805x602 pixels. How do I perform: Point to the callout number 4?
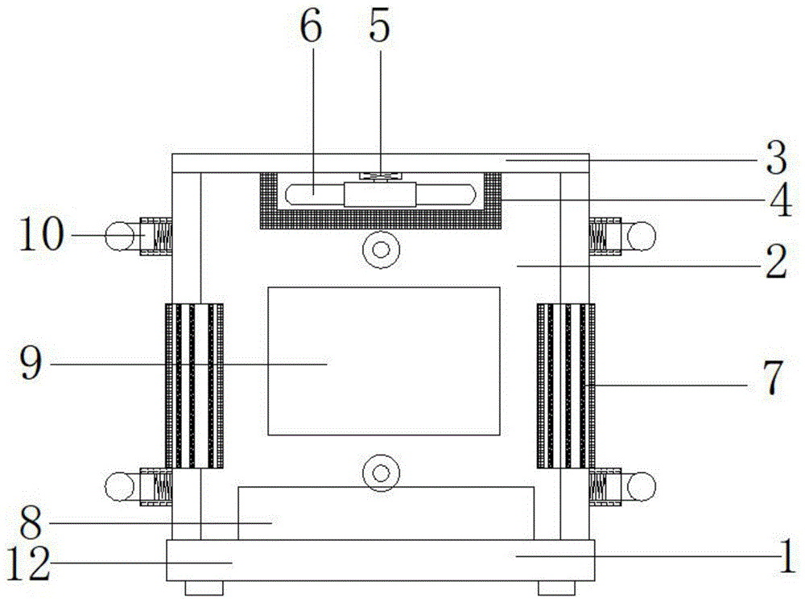(780, 200)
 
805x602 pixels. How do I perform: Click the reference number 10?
(42, 233)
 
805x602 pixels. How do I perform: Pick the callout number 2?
(776, 262)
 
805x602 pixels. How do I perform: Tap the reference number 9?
(31, 362)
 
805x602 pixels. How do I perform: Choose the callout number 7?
(773, 377)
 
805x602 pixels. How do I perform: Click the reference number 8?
(31, 522)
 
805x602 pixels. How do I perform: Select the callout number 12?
(29, 563)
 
